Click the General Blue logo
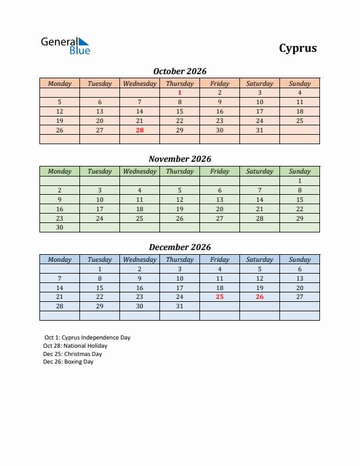pyautogui.click(x=65, y=46)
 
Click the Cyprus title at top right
pyautogui.click(x=298, y=48)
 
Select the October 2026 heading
pyautogui.click(x=179, y=71)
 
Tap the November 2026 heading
pyautogui.click(x=179, y=159)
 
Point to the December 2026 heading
pyautogui.click(x=179, y=247)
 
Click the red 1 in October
pyautogui.click(x=179, y=92)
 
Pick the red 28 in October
pyautogui.click(x=139, y=130)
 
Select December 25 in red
pyautogui.click(x=219, y=297)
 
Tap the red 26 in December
pyautogui.click(x=259, y=297)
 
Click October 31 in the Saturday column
pyautogui.click(x=259, y=130)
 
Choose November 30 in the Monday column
pyautogui.click(x=59, y=227)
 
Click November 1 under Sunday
pyautogui.click(x=299, y=181)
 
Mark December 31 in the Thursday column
pyautogui.click(x=179, y=306)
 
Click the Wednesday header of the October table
pyautogui.click(x=139, y=84)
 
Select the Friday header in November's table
pyautogui.click(x=219, y=171)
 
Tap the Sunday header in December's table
pyautogui.click(x=299, y=259)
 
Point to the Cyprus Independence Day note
pyautogui.click(x=87, y=338)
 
